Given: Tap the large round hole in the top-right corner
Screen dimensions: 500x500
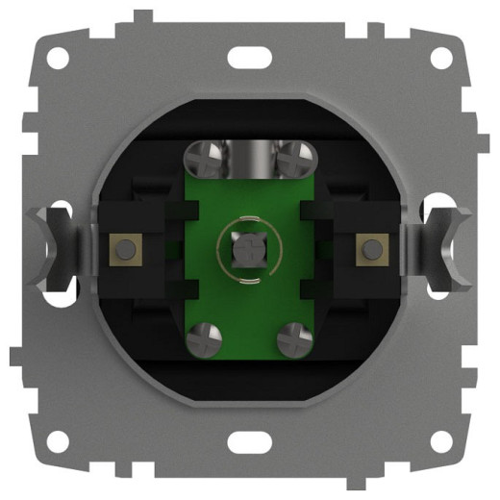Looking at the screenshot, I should (x=442, y=56).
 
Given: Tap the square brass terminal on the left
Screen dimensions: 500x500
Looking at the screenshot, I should (x=124, y=249).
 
